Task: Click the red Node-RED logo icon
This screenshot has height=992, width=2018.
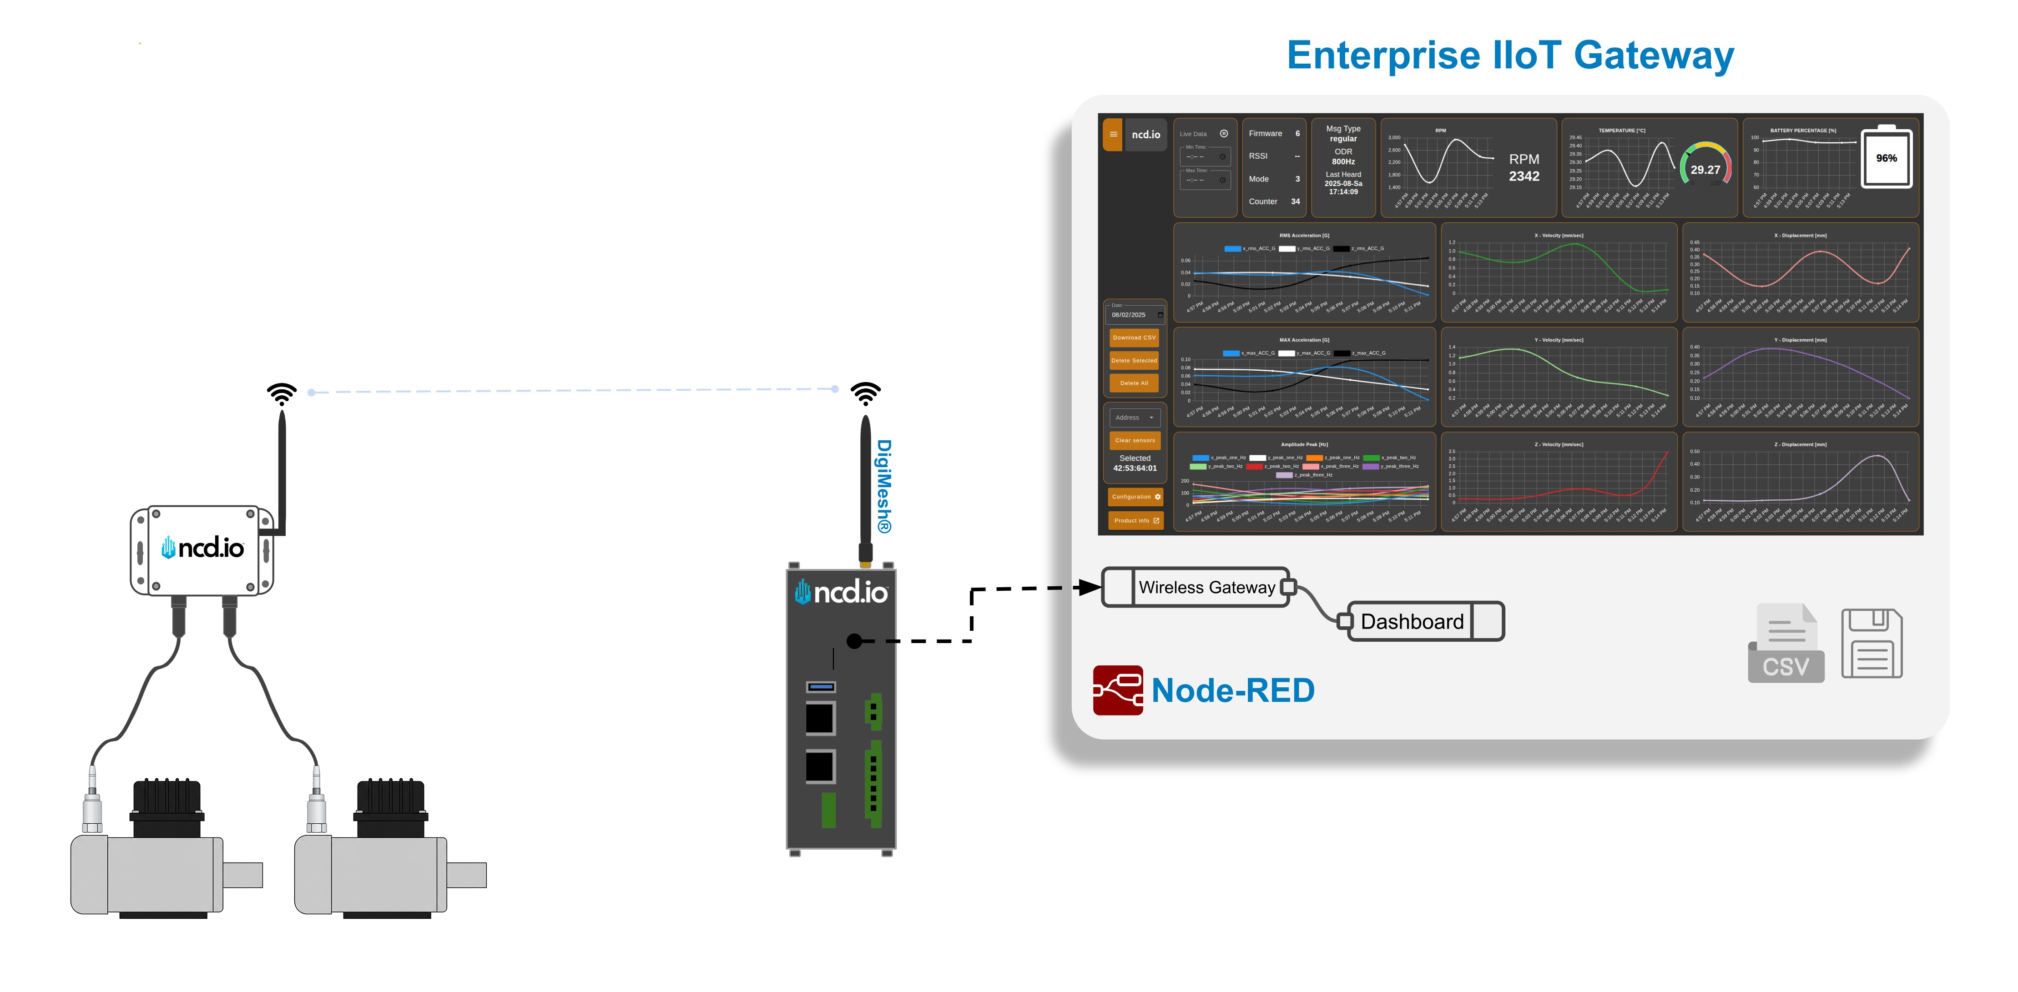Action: pos(1117,690)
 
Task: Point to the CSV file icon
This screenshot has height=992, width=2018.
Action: pos(1786,644)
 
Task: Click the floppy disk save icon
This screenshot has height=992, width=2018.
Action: pos(1872,644)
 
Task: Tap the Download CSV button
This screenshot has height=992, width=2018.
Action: pos(1134,337)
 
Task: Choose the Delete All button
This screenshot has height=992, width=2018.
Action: pos(1134,383)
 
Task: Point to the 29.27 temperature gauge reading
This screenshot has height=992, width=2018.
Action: pos(1705,169)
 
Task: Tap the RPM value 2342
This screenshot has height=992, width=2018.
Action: pos(1524,176)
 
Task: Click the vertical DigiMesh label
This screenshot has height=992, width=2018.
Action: pos(883,485)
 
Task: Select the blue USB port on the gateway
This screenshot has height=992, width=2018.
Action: pos(820,687)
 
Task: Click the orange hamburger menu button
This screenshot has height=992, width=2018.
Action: pos(1112,134)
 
